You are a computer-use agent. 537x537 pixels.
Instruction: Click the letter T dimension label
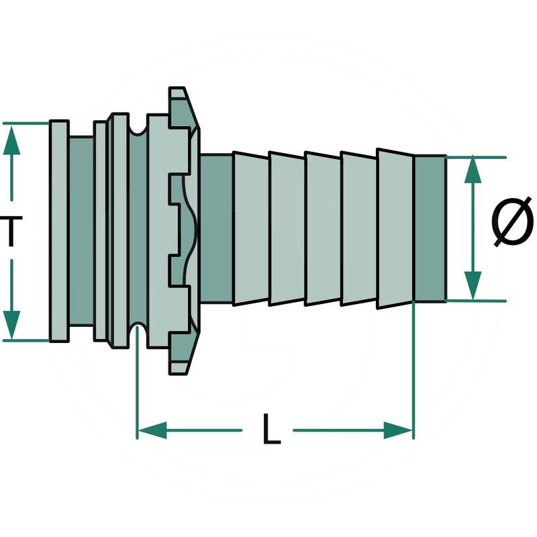[x=8, y=232]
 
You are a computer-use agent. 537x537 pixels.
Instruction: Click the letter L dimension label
[x=271, y=430]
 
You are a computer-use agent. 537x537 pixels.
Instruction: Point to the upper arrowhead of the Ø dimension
[x=473, y=170]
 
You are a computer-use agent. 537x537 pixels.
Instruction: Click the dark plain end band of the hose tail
[x=430, y=229]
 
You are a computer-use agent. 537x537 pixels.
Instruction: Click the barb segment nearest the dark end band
[x=395, y=229]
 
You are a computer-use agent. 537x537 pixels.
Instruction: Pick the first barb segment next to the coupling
[x=250, y=229]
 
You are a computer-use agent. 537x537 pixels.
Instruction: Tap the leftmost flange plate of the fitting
[x=59, y=231]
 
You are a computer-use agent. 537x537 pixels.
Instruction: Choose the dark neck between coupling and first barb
[x=215, y=229]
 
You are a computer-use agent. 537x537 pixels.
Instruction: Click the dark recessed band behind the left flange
[x=81, y=231]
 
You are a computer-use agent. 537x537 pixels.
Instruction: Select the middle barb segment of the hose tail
[x=322, y=229]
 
